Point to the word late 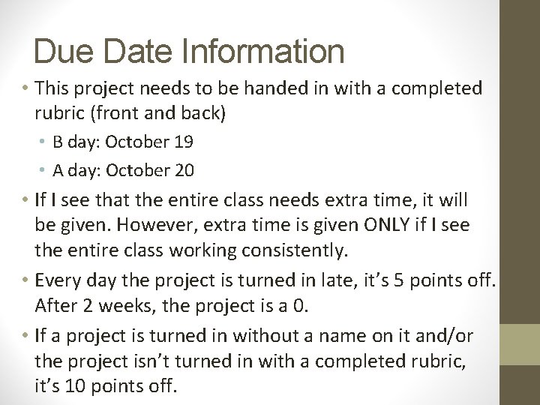[333, 281]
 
